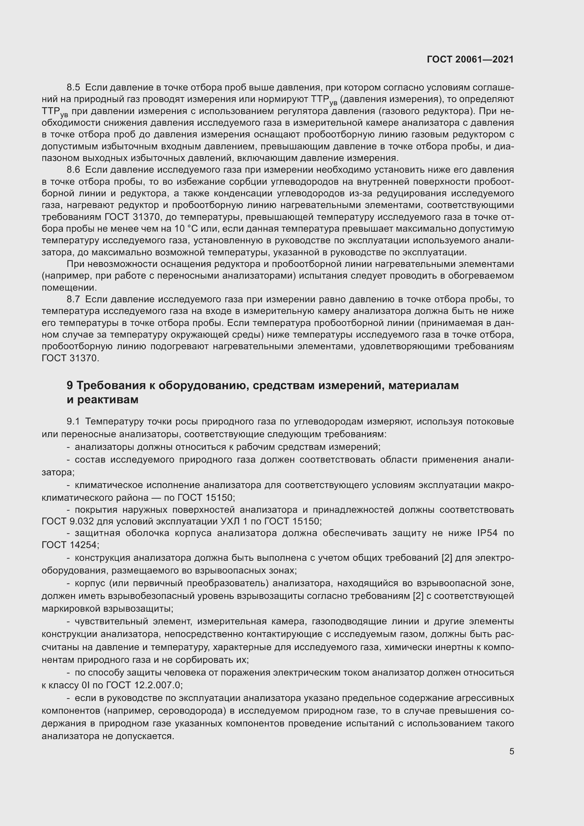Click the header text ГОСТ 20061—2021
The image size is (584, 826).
point(470,59)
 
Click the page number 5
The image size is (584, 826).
point(511,751)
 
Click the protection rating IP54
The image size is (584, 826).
point(487,533)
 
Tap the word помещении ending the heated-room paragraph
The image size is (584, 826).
point(69,288)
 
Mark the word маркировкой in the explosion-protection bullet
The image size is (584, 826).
point(71,609)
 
